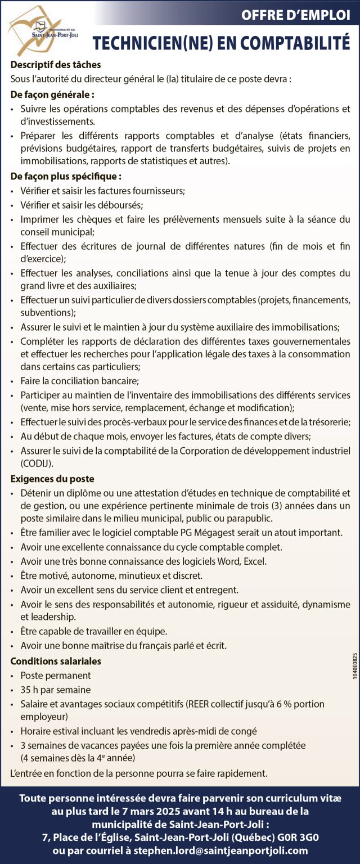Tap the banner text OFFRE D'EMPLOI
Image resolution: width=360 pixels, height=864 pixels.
[x=295, y=15]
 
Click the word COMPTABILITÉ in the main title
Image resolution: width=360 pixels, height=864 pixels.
[x=281, y=43]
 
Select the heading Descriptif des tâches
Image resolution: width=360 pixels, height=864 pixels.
[x=56, y=65]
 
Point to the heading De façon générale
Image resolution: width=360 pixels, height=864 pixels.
[x=52, y=94]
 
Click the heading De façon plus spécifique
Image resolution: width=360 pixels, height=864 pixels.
[x=66, y=177]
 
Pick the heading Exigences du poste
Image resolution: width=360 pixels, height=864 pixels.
[x=52, y=479]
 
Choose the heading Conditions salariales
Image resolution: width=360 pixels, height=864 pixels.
[x=56, y=661]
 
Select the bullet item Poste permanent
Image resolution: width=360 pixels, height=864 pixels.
[x=56, y=676]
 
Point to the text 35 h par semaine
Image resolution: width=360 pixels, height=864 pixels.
[x=56, y=690]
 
